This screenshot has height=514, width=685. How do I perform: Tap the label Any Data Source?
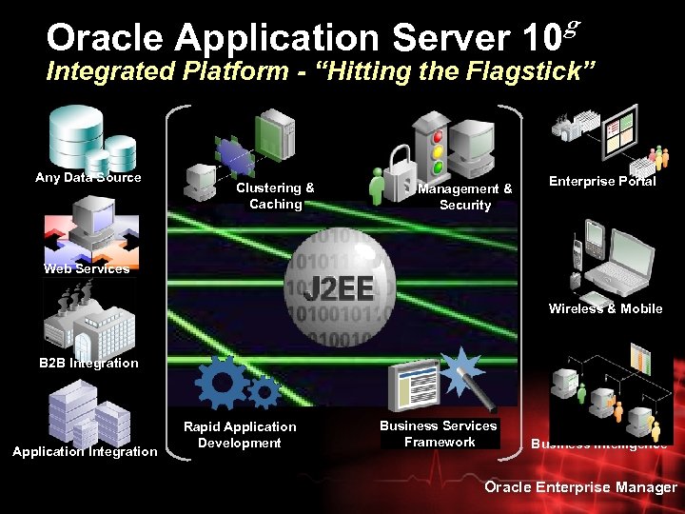pos(88,177)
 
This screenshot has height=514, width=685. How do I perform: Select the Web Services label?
pos(87,268)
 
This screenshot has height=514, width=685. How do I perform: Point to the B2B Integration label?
pos(88,363)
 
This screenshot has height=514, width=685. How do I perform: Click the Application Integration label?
pos(85,451)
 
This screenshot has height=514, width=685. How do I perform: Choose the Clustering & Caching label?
pos(275,196)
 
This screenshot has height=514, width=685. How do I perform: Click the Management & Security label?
pos(465,197)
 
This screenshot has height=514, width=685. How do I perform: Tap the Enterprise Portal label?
pos(602,181)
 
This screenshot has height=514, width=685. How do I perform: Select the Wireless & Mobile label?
pos(605,308)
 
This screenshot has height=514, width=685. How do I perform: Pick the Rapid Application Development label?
pos(240,435)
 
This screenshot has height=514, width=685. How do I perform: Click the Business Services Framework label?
pos(439,434)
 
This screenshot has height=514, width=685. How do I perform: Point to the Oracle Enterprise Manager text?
pos(580,487)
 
